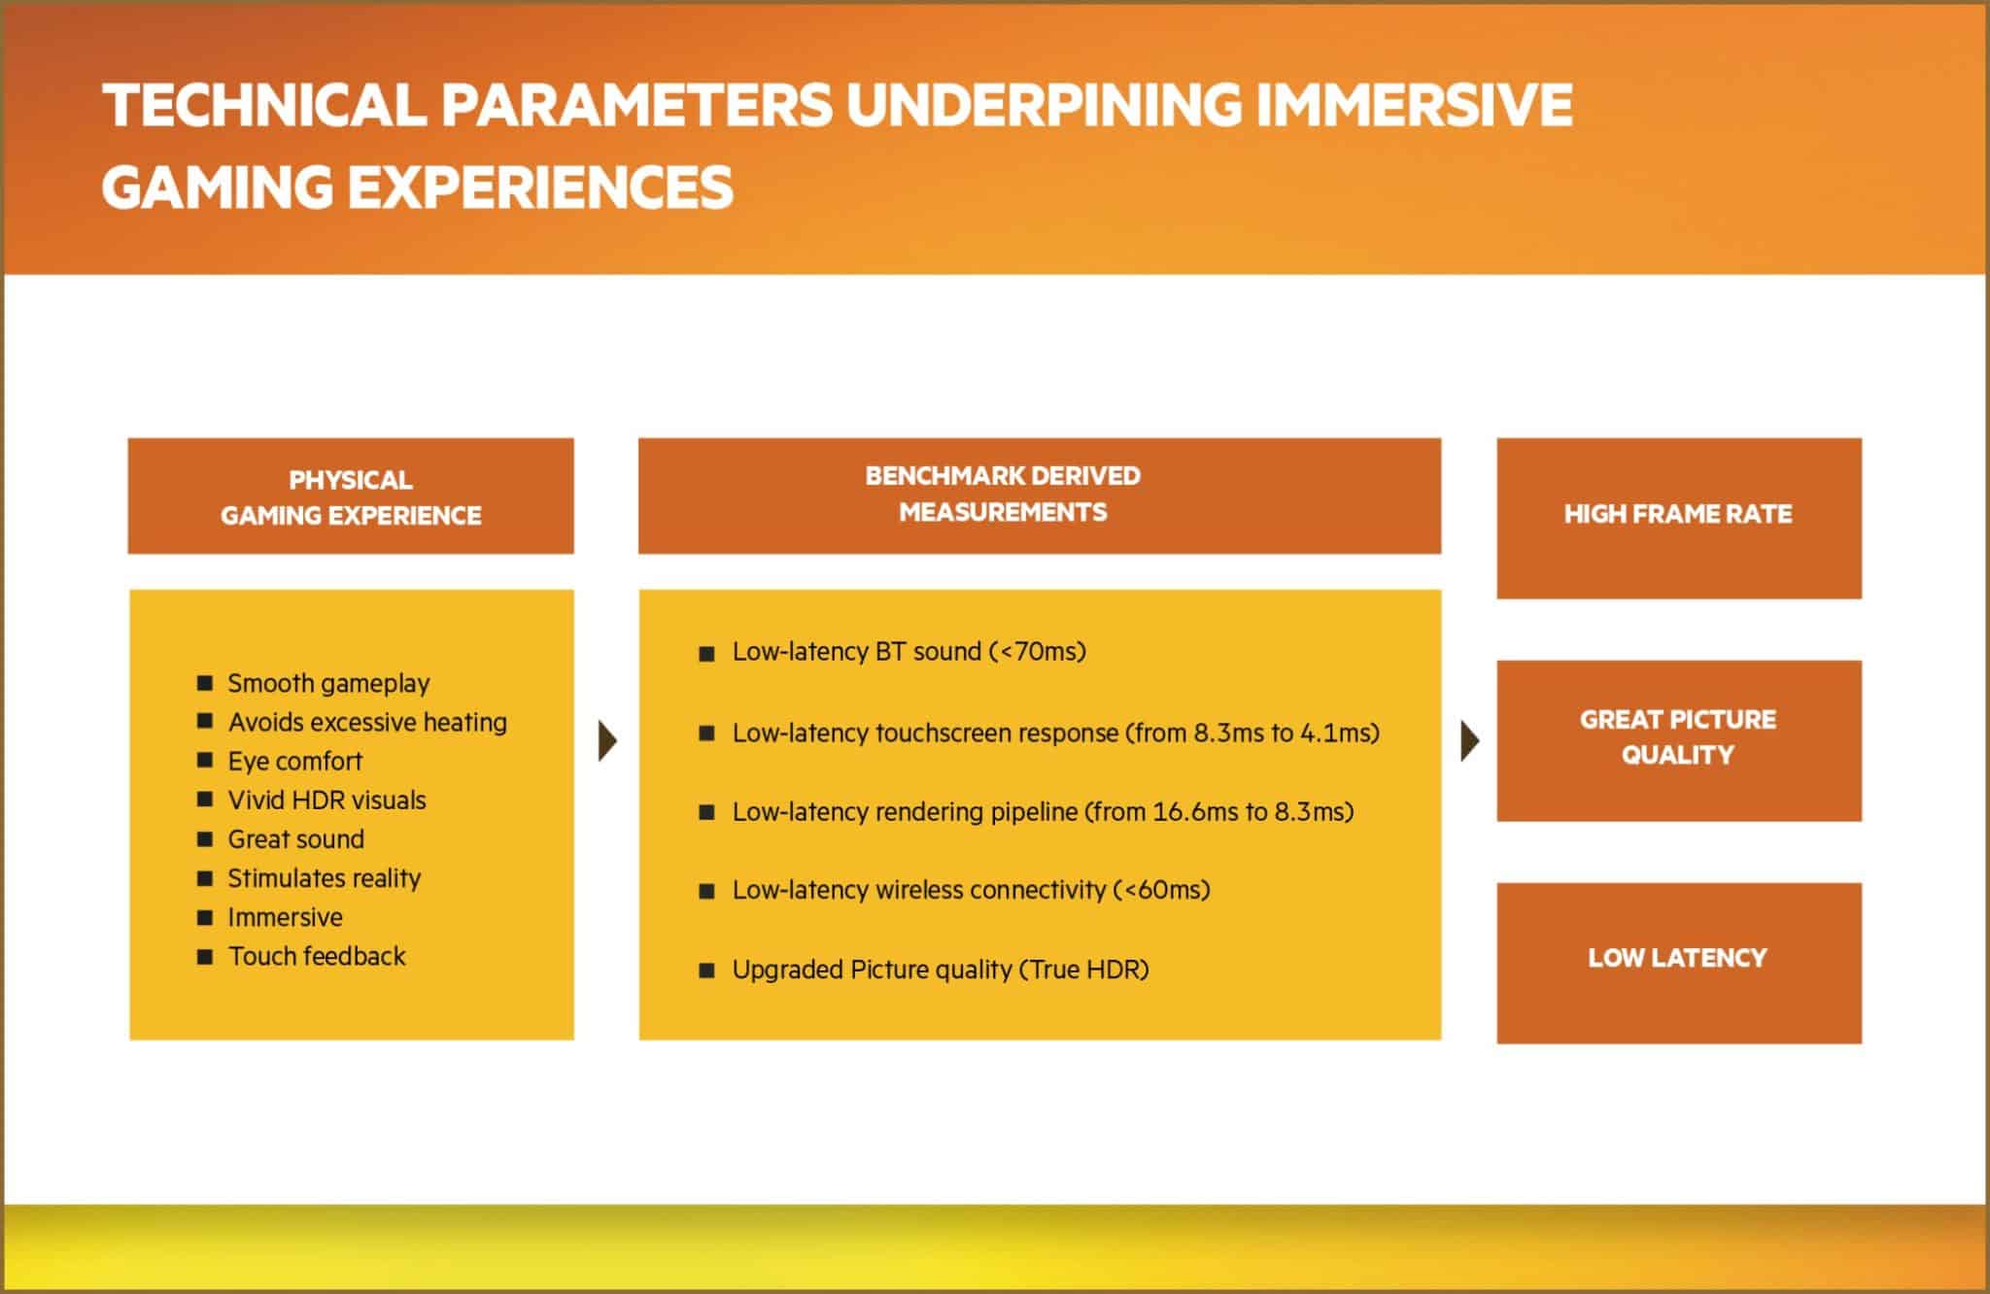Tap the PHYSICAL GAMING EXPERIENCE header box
click(x=351, y=496)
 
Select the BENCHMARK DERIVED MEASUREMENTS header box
click(x=1040, y=496)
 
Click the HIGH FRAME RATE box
click(x=1679, y=518)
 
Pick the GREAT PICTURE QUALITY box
click(x=1679, y=740)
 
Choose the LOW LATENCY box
click(x=1679, y=963)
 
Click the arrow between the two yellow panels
click(x=608, y=741)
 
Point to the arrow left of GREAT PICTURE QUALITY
click(x=1470, y=741)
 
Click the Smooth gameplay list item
click(x=328, y=683)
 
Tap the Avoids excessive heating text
click(x=367, y=722)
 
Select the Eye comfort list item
click(x=294, y=761)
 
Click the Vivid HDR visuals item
click(x=326, y=800)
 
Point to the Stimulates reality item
click(x=324, y=878)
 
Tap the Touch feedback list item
click(x=317, y=956)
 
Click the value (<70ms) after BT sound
click(x=1037, y=651)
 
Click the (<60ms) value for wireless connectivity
click(x=1161, y=890)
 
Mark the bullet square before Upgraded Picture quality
click(x=707, y=970)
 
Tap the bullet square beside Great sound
click(x=205, y=838)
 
